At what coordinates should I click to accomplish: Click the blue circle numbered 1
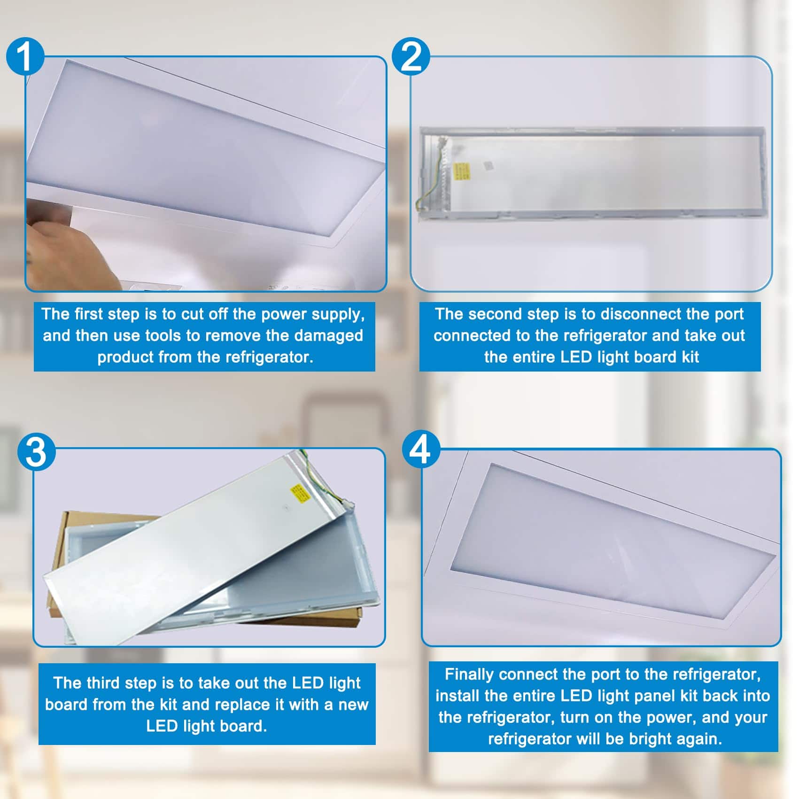click(25, 56)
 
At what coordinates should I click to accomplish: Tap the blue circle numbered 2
click(411, 57)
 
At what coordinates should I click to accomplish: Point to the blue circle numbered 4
click(422, 450)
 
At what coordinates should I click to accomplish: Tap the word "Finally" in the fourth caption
click(469, 675)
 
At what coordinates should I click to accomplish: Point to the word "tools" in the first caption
click(167, 335)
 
